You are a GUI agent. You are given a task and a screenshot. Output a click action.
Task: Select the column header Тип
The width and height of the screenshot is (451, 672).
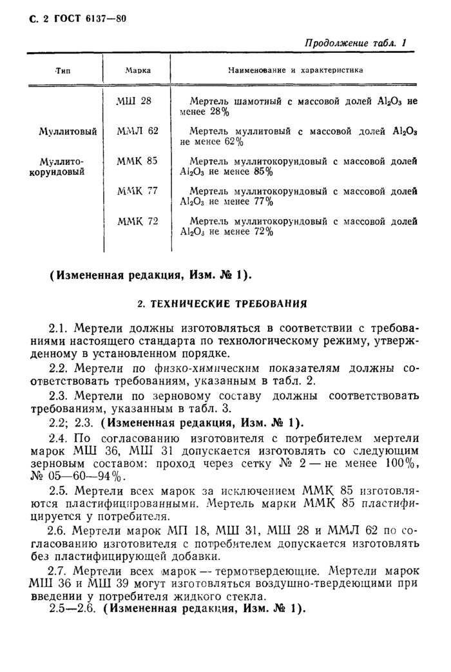pos(63,70)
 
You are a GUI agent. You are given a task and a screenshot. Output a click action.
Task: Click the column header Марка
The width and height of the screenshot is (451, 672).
pos(138,70)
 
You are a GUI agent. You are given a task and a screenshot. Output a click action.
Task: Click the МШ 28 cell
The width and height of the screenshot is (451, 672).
pos(134,101)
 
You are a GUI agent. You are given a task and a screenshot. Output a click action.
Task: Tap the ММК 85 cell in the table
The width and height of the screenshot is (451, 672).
pos(137,161)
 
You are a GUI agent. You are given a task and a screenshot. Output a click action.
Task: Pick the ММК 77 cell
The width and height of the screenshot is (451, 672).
pos(137,191)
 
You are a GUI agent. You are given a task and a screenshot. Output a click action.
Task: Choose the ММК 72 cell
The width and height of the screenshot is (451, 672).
pos(137,221)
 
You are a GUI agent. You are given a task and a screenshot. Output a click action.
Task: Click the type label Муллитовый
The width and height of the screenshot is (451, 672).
pos(68,131)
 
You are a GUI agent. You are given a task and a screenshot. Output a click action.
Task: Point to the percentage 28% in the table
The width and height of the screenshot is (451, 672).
pos(218,112)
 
